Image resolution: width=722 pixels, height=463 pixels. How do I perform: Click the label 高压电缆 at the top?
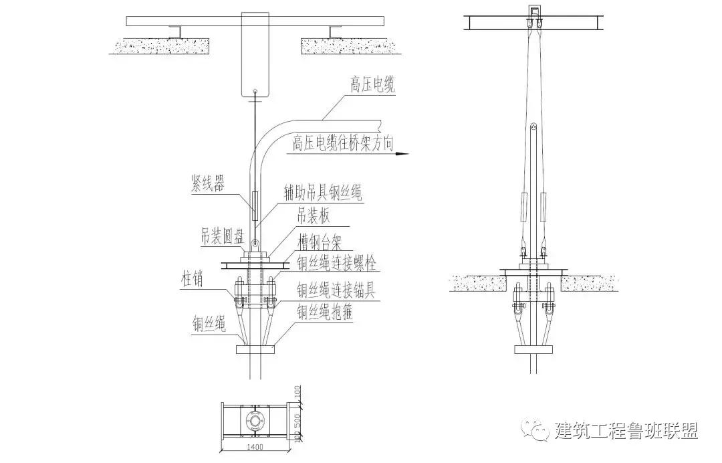[372, 85]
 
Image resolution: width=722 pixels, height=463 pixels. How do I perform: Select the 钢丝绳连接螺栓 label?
[338, 265]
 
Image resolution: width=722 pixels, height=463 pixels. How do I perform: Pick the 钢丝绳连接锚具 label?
[338, 289]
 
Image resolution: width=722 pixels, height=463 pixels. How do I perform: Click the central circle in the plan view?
[255, 420]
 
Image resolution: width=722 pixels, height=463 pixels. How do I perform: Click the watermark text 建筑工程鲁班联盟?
[626, 431]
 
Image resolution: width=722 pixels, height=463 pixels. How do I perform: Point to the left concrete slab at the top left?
[160, 45]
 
